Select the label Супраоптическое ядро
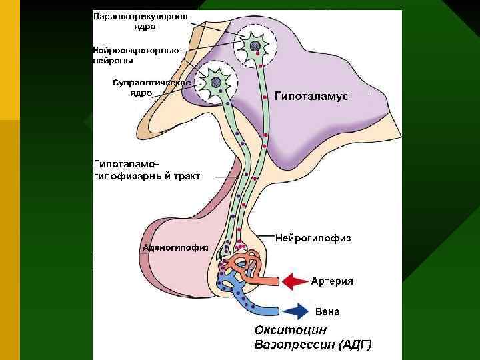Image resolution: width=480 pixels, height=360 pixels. [x=151, y=87]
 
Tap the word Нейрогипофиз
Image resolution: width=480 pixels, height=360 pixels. [x=313, y=237]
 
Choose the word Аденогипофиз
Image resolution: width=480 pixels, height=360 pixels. [x=175, y=247]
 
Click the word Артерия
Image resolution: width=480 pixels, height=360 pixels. [x=332, y=281]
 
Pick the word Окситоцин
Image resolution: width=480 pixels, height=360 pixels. [x=290, y=329]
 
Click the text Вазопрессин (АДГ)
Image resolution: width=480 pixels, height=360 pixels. [x=313, y=345]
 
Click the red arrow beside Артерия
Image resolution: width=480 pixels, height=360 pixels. [x=293, y=281]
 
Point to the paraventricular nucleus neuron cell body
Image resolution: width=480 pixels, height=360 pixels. [x=254, y=45]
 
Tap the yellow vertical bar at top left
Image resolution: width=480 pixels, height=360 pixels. [x=10, y=60]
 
